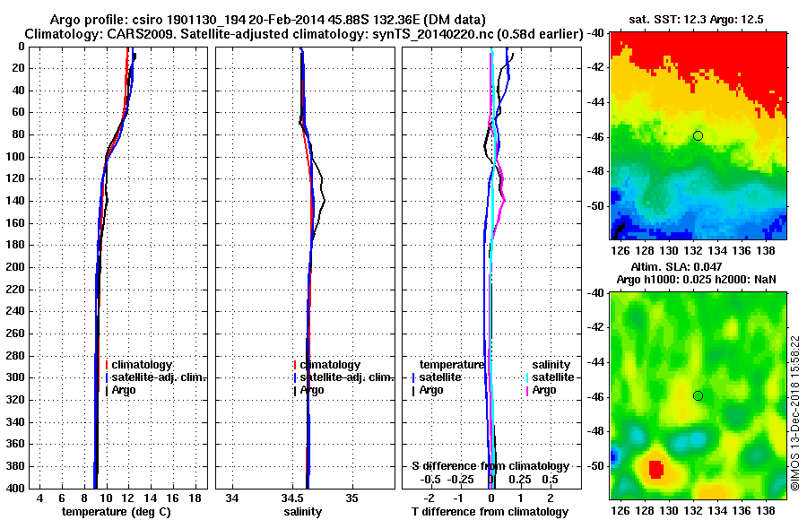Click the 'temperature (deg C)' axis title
coord(116,512)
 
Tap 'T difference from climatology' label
coord(490,512)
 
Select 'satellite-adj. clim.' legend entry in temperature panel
coord(154,377)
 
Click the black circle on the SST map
coord(698,135)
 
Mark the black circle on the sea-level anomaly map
coord(698,395)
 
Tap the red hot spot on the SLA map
coord(655,469)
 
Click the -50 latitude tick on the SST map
coord(594,206)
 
